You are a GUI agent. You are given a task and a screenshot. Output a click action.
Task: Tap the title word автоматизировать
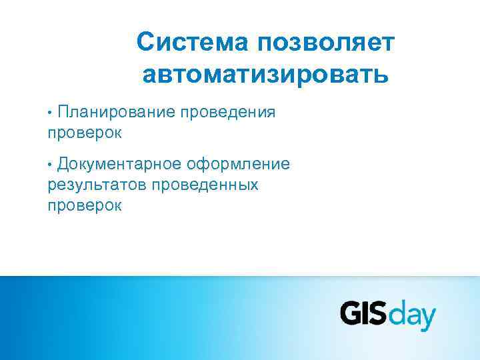pos(265,73)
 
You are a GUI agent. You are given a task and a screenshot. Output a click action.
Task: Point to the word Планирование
pos(115,112)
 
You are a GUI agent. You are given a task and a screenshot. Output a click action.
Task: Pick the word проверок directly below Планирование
pos(85,133)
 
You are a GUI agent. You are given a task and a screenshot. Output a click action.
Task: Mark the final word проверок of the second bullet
pos(85,205)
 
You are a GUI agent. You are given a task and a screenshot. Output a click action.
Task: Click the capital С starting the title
pos(145,43)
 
